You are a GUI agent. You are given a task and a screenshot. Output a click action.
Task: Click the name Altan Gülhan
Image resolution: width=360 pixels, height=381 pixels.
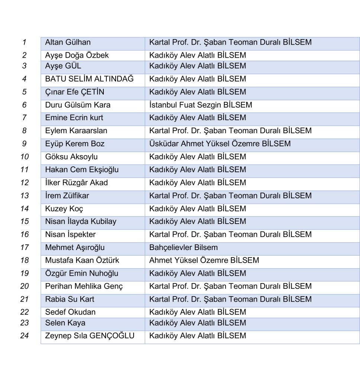point(68,42)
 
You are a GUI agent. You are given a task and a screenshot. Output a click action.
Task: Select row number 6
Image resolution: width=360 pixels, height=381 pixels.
point(25,105)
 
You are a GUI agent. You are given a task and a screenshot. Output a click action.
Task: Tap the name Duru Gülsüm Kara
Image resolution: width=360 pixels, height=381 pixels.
point(78,105)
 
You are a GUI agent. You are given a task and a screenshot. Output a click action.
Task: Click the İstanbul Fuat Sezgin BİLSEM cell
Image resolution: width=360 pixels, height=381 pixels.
point(200,105)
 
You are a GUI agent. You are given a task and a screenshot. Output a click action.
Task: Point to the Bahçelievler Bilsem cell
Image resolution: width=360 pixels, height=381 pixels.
point(183,247)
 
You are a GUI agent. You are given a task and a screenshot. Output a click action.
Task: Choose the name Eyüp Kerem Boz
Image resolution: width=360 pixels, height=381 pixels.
point(75,144)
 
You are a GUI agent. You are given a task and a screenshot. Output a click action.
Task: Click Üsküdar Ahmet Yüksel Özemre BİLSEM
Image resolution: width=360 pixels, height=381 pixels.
point(220,144)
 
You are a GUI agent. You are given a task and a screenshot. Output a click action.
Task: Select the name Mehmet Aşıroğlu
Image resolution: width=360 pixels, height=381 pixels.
point(75,247)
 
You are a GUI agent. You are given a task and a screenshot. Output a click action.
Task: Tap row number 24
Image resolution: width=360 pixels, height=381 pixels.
point(25,336)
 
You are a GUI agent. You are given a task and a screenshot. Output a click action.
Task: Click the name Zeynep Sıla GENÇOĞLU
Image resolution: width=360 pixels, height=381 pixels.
point(90,336)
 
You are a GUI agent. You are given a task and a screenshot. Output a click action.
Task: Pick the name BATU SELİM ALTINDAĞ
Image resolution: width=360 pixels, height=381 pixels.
point(89,79)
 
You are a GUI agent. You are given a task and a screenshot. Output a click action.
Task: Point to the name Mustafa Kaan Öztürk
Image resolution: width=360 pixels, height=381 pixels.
point(82,260)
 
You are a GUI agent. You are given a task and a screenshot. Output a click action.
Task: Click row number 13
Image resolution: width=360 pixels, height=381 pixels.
point(25,196)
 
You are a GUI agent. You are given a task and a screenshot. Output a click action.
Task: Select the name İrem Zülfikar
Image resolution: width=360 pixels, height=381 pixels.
point(67,196)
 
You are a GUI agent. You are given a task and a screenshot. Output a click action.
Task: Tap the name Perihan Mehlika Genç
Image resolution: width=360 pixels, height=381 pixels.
point(84,286)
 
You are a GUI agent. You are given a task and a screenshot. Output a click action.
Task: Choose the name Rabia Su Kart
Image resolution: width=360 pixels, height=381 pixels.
point(70,299)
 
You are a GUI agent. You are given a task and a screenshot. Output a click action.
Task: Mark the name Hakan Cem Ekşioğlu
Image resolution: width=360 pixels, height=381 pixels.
point(82,170)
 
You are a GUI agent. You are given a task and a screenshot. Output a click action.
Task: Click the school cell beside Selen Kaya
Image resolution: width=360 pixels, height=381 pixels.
point(197,323)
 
